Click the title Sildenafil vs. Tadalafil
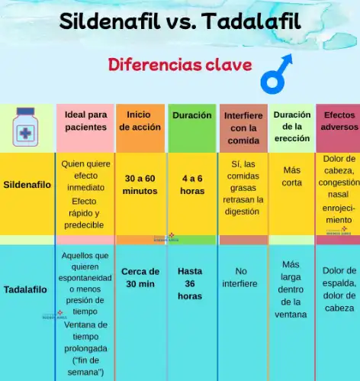tap(180, 21)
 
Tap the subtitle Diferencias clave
tap(180, 64)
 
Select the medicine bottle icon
tap(27, 126)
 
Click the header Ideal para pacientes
tap(85, 121)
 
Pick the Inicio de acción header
tap(140, 121)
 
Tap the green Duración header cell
tap(192, 116)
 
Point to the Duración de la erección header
tap(291, 127)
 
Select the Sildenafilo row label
tap(27, 185)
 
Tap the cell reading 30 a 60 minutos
tap(140, 184)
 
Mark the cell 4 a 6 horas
tap(192, 184)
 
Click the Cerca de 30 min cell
tap(140, 277)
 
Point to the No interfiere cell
tap(241, 276)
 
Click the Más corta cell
tap(291, 176)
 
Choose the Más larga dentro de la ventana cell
tap(291, 289)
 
